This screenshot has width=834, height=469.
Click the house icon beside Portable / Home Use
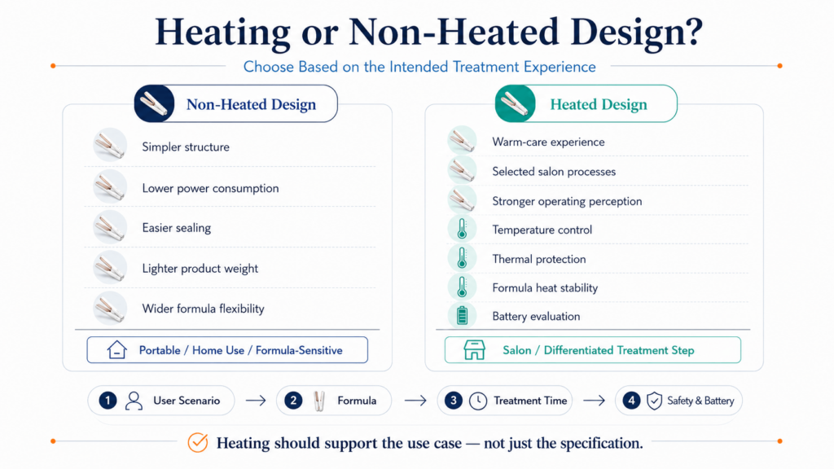(x=116, y=350)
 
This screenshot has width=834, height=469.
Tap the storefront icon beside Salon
(x=474, y=350)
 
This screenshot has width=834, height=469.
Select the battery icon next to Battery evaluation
(x=462, y=316)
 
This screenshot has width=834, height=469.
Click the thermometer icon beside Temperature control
(x=462, y=229)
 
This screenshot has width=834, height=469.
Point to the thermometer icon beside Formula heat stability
(x=462, y=287)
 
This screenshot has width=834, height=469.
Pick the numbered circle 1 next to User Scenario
(x=108, y=401)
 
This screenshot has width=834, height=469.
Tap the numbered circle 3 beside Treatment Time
(x=453, y=401)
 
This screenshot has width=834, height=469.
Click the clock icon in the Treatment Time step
(x=477, y=401)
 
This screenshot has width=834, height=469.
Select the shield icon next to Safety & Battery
(x=654, y=401)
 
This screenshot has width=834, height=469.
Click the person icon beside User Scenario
(x=134, y=401)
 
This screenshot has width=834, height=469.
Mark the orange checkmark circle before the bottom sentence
(x=198, y=442)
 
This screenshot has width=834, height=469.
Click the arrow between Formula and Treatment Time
(x=415, y=401)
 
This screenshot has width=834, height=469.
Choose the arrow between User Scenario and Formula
(x=256, y=401)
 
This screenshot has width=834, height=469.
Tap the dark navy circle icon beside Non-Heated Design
(x=154, y=103)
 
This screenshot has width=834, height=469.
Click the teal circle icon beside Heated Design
(x=515, y=103)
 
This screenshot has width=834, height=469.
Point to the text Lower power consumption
(x=210, y=188)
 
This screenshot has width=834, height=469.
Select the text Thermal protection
(x=539, y=259)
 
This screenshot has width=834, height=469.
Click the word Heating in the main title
(x=223, y=33)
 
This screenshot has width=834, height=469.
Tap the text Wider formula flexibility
(x=203, y=309)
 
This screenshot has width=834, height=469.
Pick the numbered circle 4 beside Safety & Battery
(x=631, y=401)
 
